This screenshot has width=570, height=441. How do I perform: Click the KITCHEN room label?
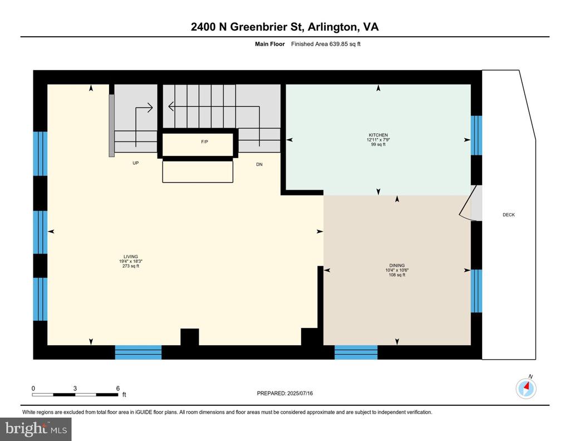[378, 135]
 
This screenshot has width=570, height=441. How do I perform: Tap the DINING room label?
[397, 266]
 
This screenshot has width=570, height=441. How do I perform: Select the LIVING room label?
[130, 256]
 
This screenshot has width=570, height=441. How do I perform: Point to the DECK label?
[509, 215]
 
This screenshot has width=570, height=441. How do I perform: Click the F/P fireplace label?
[205, 142]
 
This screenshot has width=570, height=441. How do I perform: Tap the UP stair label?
[136, 163]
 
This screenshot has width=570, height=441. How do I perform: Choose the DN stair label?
[259, 164]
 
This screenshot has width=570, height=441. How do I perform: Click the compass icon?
[526, 388]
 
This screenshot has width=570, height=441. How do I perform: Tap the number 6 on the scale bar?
[118, 388]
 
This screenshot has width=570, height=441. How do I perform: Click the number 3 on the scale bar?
[75, 388]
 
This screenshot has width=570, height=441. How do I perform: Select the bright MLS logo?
[36, 429]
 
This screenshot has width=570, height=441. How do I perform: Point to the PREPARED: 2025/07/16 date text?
[284, 393]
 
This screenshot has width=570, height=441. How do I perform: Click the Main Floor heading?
[270, 44]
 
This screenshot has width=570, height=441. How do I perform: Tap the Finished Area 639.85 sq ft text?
[326, 44]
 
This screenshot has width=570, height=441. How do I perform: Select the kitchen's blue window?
[476, 135]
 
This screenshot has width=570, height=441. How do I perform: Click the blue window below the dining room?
[356, 352]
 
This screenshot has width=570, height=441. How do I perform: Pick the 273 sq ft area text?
[130, 266]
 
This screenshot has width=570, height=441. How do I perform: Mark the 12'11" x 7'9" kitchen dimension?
[378, 140]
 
